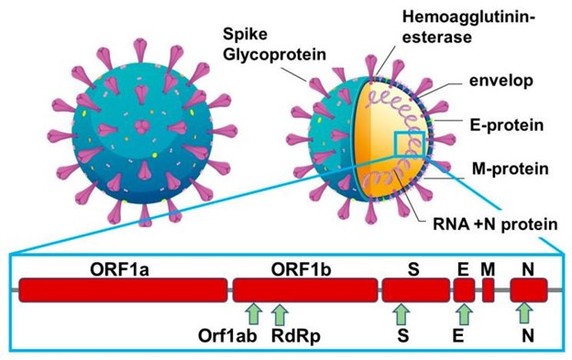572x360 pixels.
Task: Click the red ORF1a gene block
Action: [x=123, y=290]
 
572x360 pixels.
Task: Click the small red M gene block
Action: [x=489, y=290]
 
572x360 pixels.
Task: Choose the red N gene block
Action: [x=528, y=290]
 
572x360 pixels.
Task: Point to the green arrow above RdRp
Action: [x=280, y=313]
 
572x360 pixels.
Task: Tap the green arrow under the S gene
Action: [x=399, y=313]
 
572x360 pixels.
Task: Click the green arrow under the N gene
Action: [x=525, y=313]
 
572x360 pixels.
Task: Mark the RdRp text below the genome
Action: [x=296, y=336]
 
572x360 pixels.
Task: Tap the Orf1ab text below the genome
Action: [x=226, y=336]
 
